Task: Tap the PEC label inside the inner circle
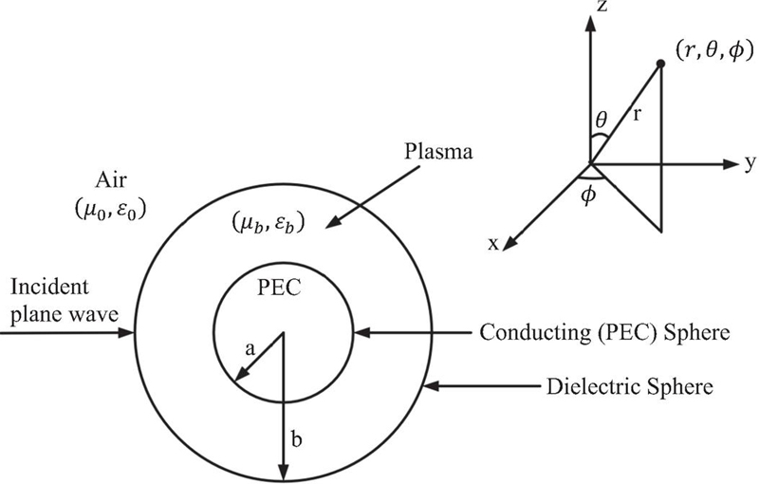[282, 289]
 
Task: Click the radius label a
[250, 348]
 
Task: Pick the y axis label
[750, 163]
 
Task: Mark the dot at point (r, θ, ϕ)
[659, 65]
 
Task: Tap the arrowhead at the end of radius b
[282, 473]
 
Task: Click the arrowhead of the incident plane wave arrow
[130, 333]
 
